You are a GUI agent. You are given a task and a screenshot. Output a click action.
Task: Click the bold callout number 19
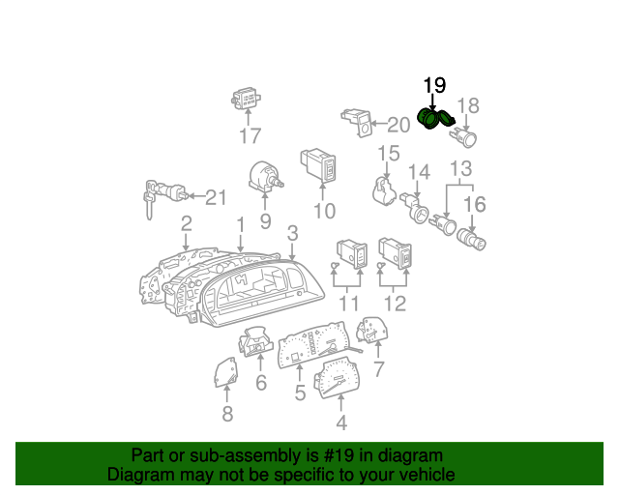click(x=434, y=85)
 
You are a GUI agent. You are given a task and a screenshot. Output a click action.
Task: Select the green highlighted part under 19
click(x=435, y=118)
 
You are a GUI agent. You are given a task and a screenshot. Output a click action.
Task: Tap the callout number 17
click(x=251, y=135)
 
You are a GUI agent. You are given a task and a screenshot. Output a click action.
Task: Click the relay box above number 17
click(x=246, y=99)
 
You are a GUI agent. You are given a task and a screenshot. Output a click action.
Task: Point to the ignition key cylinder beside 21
click(x=164, y=194)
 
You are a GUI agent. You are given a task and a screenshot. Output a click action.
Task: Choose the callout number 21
click(x=216, y=197)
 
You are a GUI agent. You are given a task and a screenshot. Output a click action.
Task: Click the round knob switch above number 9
click(x=264, y=177)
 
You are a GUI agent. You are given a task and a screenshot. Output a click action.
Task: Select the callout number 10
click(x=325, y=211)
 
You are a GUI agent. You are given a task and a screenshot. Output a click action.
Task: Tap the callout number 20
click(x=398, y=125)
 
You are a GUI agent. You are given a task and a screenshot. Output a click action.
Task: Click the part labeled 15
click(x=384, y=192)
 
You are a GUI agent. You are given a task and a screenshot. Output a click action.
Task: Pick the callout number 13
click(x=460, y=168)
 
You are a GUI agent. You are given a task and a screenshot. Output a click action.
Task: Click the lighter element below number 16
click(x=471, y=240)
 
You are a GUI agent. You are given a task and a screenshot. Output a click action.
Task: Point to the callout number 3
click(x=292, y=233)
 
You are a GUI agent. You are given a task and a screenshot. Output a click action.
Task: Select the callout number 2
click(x=186, y=223)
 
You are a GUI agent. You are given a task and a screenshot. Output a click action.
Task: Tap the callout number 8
click(x=227, y=414)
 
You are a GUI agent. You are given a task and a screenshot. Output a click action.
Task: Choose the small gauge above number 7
click(x=372, y=330)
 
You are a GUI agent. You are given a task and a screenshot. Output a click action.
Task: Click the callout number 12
click(x=395, y=304)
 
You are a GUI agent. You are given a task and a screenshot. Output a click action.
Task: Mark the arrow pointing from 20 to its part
click(x=379, y=124)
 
